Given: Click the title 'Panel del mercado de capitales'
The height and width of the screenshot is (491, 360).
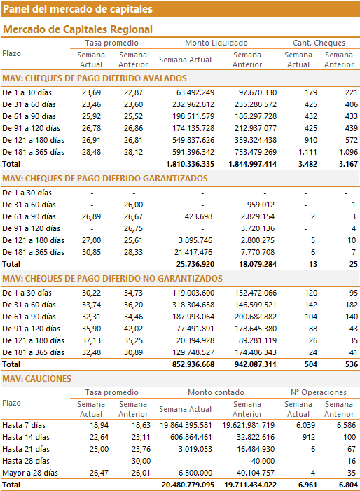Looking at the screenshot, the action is [x=78, y=9].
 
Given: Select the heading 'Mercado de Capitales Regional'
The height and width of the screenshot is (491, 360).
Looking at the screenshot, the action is [x=78, y=29].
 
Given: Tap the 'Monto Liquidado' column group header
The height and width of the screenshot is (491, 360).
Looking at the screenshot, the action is [x=216, y=43].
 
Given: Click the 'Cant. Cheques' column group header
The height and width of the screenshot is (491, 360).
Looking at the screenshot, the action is [x=319, y=43].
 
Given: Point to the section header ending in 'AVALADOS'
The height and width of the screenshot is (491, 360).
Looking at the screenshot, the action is [x=95, y=78].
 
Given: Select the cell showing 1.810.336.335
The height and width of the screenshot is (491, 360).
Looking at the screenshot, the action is [x=190, y=164].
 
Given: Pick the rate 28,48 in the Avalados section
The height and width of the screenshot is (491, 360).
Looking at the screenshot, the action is [x=92, y=152].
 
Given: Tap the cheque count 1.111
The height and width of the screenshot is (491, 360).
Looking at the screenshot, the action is [x=307, y=152].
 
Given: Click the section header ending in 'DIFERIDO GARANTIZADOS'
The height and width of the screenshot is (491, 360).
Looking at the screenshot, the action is [x=105, y=179].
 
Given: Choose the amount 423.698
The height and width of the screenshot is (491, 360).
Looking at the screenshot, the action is [x=198, y=216].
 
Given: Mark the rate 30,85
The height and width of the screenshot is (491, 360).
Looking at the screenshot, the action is [x=92, y=252].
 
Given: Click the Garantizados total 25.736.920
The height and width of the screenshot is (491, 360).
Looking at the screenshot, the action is [x=195, y=264].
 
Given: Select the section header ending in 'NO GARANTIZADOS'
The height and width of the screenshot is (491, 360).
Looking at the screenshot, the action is [x=112, y=279].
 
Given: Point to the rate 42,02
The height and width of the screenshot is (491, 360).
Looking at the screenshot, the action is [x=133, y=329].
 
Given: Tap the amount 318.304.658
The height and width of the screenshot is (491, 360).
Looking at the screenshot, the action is [x=193, y=305].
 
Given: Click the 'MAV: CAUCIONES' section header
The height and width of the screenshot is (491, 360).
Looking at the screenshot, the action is [x=36, y=379].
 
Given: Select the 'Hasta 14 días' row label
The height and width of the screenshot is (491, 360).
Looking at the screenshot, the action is [x=26, y=438].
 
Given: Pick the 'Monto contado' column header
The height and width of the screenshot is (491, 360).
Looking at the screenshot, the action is [x=216, y=392].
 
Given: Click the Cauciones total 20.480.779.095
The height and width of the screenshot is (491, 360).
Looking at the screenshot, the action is [x=188, y=485].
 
